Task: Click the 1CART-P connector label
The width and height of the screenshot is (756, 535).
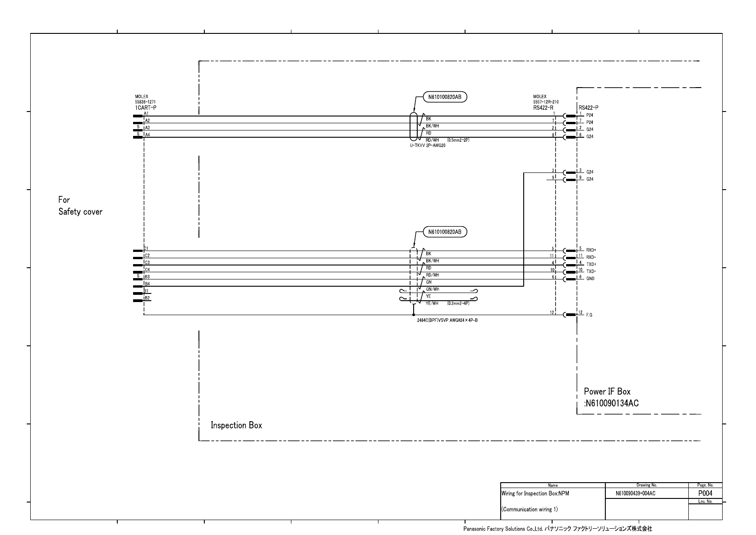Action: coord(145,108)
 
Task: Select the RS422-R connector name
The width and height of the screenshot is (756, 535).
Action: coord(543,108)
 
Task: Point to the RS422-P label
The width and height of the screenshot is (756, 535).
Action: coord(588,108)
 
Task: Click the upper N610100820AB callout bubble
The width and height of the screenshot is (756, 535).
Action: coord(445,97)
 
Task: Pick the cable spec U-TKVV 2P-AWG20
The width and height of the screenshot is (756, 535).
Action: coord(428,145)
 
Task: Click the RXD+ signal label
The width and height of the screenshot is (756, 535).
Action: coord(591,250)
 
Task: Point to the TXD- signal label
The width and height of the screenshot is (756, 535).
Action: coord(591,271)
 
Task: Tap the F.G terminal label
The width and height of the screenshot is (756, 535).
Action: coord(589,315)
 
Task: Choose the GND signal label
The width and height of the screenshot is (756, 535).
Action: coord(590,279)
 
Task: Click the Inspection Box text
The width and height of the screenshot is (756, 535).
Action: coord(236,425)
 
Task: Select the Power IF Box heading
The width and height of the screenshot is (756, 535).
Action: coord(607,391)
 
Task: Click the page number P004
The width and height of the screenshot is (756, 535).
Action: coord(705,493)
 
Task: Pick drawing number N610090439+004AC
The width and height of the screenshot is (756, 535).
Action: coord(635,494)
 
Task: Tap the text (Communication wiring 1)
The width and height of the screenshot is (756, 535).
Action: coord(530,509)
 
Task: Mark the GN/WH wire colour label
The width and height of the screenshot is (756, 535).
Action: coord(433,289)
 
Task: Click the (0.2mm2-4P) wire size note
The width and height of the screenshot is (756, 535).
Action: coord(458,303)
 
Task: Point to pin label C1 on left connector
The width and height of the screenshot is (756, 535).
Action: coord(147,248)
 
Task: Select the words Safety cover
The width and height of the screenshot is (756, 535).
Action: coord(80,212)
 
